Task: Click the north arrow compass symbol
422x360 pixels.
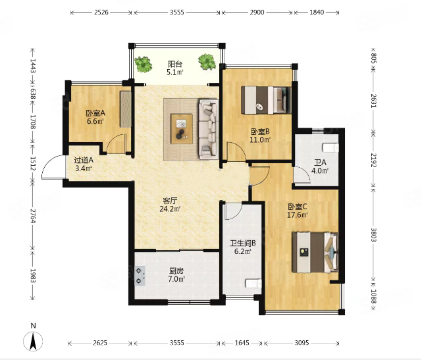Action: (x=33, y=341)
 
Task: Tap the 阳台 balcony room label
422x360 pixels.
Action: (x=175, y=64)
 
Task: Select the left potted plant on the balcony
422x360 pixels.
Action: (x=143, y=64)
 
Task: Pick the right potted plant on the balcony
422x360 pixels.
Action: (x=207, y=62)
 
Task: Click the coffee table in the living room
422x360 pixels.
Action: (x=182, y=128)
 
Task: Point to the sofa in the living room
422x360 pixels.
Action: (x=209, y=129)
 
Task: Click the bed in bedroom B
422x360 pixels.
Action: (x=266, y=100)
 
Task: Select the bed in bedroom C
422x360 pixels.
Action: (x=315, y=252)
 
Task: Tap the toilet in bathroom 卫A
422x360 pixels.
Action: (x=330, y=147)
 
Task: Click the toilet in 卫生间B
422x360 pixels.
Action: (x=253, y=283)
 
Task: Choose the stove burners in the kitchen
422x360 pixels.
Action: (x=140, y=276)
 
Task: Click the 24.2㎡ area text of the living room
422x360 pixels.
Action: (x=170, y=209)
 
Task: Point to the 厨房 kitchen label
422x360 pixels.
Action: (x=176, y=270)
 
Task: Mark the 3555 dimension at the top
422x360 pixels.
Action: (x=177, y=13)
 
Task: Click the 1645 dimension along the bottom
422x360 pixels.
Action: (x=242, y=343)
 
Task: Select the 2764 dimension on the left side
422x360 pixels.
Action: (x=33, y=216)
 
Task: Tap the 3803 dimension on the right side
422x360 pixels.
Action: (x=373, y=234)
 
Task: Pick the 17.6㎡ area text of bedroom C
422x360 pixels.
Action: (x=298, y=215)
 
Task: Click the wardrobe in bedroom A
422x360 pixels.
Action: (x=126, y=109)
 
